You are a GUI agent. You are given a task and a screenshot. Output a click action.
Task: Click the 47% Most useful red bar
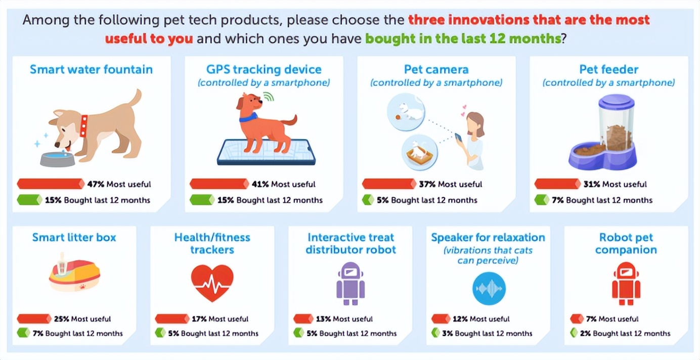coord(51,184)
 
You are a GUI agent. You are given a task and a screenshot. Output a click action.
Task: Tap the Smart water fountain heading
coord(91,69)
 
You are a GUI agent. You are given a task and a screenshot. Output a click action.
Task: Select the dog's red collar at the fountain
coord(84,126)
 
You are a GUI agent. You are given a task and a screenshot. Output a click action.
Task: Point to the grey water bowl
coord(58,159)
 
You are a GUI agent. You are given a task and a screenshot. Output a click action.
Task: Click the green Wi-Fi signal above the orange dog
coord(269,97)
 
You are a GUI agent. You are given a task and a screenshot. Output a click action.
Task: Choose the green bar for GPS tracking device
coord(202,200)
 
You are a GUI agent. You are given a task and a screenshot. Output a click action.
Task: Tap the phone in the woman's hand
coord(459,138)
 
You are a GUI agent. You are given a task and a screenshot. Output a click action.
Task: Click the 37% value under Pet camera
coord(427,184)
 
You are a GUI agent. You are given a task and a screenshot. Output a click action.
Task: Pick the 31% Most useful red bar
coord(557,184)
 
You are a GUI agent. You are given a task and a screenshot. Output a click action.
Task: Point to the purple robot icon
coord(351,284)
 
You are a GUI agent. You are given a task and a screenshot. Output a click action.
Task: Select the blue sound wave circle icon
coord(489,288)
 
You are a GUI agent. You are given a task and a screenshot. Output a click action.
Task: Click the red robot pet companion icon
coord(626,284)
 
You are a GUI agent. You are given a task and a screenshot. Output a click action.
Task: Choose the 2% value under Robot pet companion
coord(585,333)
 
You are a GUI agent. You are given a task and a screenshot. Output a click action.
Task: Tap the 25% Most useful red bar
coord(34,319)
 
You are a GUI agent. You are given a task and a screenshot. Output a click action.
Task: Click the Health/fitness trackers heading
coord(212,243)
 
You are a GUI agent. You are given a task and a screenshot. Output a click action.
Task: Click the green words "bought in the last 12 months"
coord(463,39)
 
